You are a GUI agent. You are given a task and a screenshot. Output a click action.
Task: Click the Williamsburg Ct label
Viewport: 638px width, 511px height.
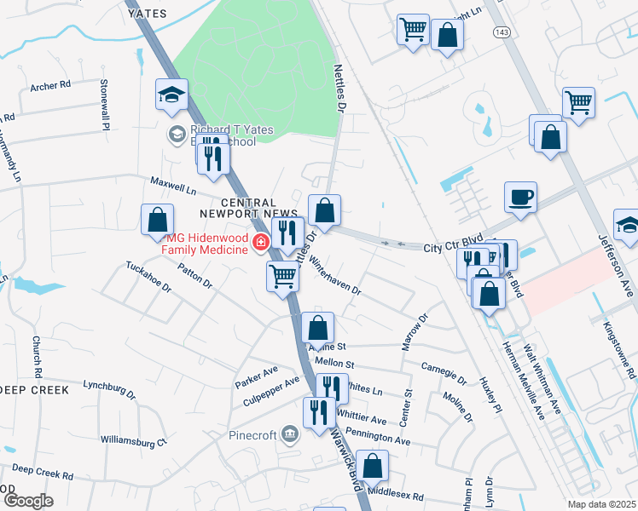point(133,441)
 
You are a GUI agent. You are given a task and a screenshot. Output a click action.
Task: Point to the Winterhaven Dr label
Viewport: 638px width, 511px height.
point(334,277)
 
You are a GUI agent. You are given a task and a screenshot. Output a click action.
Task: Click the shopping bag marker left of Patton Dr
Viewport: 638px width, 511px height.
point(158,221)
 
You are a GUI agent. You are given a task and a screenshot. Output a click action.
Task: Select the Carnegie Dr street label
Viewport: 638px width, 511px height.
point(444,372)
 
